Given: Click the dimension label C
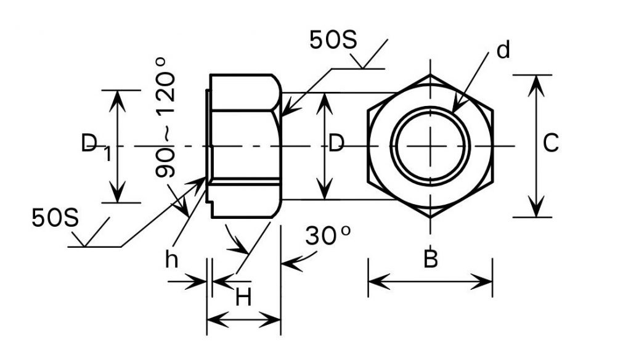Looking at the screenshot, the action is tap(550, 142).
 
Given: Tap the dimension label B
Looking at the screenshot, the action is tap(431, 259).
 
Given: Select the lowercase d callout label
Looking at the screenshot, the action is tap(503, 50).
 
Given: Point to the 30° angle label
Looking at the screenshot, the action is tap(328, 235).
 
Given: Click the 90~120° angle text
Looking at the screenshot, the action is tap(165, 117).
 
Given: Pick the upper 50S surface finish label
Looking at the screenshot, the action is tap(333, 40).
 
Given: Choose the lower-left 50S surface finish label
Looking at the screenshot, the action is tap(55, 218).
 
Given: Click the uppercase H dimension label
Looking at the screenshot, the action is tap(243, 298).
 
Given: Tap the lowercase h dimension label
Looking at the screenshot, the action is tap(171, 259).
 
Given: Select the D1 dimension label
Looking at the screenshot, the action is tap(96, 147).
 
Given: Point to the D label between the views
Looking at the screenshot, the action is tap(336, 143).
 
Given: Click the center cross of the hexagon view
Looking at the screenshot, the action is tap(430, 145).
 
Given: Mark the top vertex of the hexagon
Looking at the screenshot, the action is tap(430, 75).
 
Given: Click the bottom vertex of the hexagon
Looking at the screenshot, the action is tap(430, 217).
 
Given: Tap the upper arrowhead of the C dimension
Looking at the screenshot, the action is tap(536, 85).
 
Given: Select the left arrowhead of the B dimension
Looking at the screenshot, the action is tap(379, 282).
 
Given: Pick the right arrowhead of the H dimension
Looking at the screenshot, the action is tap(270, 320).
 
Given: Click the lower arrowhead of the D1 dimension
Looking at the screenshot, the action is tap(118, 192).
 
